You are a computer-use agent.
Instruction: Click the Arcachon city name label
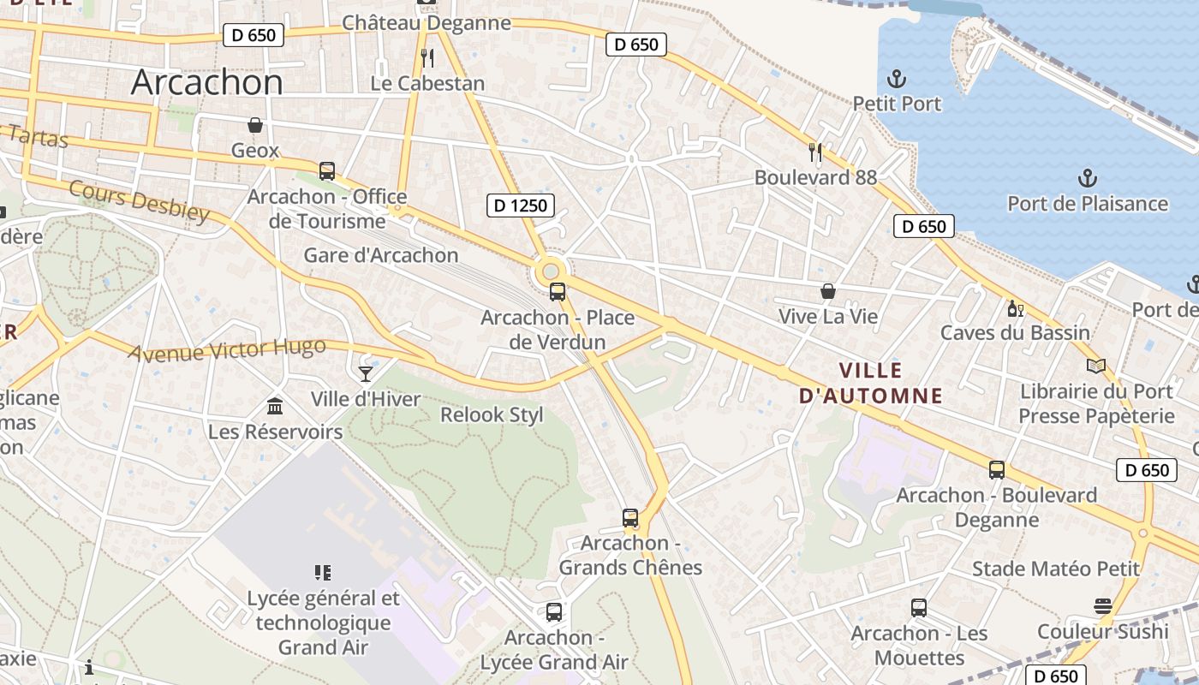click(x=206, y=82)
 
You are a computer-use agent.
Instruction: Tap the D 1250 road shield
click(x=520, y=205)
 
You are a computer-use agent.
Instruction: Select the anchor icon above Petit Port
click(x=896, y=80)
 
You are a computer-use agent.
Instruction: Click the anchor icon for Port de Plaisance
click(x=1087, y=179)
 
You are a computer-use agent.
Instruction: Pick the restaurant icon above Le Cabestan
click(x=427, y=58)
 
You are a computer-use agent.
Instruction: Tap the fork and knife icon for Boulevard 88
click(x=815, y=152)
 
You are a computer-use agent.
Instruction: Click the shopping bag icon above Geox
click(x=254, y=125)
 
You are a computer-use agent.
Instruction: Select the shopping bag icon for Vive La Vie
click(x=827, y=291)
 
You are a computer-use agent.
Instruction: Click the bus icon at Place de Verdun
click(x=558, y=292)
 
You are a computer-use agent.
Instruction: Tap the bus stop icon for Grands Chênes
click(x=630, y=518)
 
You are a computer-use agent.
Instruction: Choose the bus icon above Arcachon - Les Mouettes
click(x=919, y=608)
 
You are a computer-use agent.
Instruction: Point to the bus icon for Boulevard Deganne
click(x=996, y=470)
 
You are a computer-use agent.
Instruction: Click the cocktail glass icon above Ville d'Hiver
click(x=366, y=373)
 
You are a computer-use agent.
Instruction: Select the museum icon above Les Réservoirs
click(x=275, y=406)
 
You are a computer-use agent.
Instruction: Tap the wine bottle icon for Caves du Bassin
click(x=1015, y=308)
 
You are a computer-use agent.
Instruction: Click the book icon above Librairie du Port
click(x=1095, y=366)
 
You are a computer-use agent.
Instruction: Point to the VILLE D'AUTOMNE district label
click(x=870, y=383)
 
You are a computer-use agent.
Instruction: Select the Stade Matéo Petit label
click(x=1055, y=569)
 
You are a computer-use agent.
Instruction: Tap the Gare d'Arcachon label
click(x=381, y=255)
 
